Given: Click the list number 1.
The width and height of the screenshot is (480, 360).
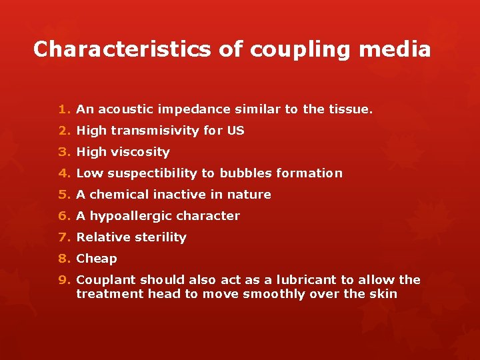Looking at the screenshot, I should tap(63, 109).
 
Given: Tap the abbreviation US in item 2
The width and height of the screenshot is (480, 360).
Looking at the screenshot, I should tap(235, 131).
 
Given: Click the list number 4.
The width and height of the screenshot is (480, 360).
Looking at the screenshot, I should tap(63, 173).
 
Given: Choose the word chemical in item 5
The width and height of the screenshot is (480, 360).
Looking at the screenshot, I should tap(117, 195).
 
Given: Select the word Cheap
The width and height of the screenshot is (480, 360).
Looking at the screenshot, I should tap(97, 259).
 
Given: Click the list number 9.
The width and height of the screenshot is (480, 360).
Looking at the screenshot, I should tap(63, 280).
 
